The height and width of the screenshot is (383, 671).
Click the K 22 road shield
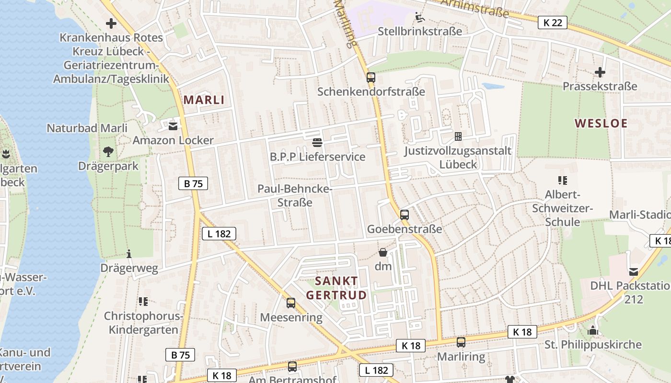tap(552, 22)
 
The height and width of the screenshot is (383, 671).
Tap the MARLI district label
tap(204, 100)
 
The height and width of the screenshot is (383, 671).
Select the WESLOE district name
tap(601, 124)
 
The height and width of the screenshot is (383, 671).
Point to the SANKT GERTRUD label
tap(336, 288)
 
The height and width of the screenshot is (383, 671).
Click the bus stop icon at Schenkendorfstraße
tap(370, 77)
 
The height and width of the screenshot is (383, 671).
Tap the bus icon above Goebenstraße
tap(404, 214)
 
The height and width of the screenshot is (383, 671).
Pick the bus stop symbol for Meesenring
tap(290, 303)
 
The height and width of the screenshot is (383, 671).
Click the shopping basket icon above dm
tap(383, 252)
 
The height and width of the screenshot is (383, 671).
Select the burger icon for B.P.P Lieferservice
tap(317, 142)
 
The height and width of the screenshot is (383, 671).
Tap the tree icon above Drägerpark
tap(108, 152)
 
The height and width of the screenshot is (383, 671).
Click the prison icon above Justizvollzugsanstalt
tap(458, 136)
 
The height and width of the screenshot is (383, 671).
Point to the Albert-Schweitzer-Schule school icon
tap(562, 180)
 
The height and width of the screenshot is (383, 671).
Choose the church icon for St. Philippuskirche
tap(593, 330)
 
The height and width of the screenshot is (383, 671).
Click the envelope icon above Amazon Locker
tap(173, 126)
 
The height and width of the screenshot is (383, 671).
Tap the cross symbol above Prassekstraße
tap(600, 72)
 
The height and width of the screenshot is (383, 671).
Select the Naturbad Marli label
tap(87, 128)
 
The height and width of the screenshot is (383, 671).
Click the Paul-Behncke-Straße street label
tap(295, 195)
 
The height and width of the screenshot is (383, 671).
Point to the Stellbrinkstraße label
tap(420, 32)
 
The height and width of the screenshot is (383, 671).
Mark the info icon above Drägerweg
tap(128, 254)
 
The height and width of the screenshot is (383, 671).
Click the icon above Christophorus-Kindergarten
tap(143, 302)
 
